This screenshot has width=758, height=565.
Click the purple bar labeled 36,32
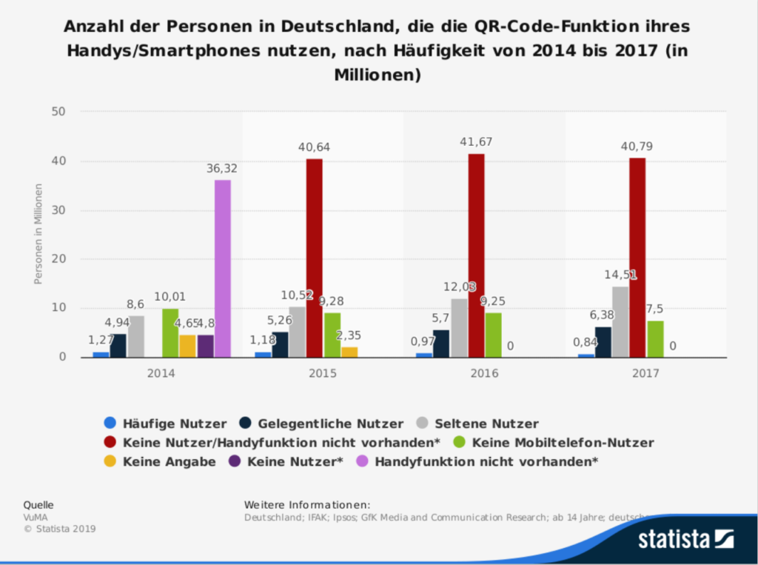[x=223, y=268]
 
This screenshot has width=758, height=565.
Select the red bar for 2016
[x=476, y=255]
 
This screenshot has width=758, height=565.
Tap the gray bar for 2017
[x=620, y=321]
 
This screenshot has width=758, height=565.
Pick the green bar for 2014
[x=171, y=332]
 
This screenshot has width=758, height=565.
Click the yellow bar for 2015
[x=349, y=352]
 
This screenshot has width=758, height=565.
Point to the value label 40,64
[x=315, y=147]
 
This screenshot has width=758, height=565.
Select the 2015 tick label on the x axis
[x=323, y=373]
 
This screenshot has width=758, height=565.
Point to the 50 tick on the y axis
[x=58, y=112]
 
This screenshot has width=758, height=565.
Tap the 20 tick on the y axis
[x=58, y=259]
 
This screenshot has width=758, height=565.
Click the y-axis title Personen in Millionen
[x=38, y=233]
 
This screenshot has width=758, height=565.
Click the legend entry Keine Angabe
[x=170, y=462]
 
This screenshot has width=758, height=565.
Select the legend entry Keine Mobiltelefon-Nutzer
[x=563, y=443]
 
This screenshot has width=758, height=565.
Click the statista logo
[x=685, y=538]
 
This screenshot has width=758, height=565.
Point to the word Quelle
[x=38, y=504]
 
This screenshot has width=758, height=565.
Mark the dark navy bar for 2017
[x=603, y=341]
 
